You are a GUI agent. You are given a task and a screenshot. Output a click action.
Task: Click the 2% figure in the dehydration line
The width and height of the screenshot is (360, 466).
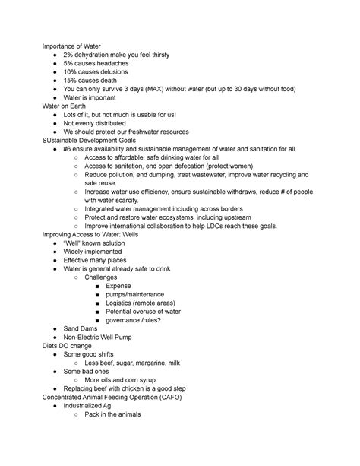[69, 55]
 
